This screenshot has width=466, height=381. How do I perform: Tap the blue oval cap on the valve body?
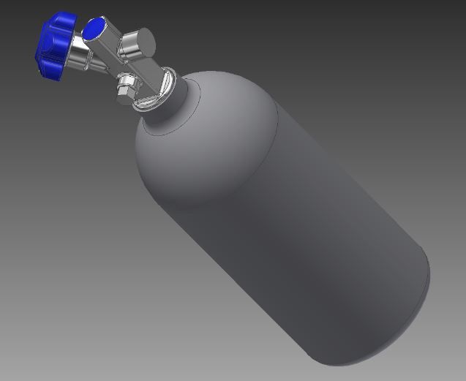tap(94, 29)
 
